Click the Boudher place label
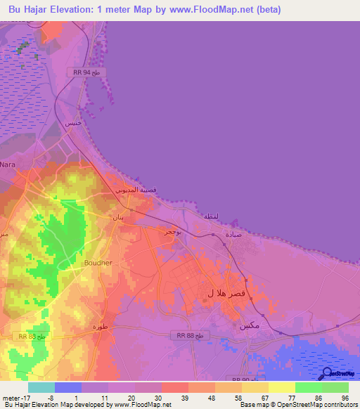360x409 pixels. [98, 263]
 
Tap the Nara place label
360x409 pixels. [8, 164]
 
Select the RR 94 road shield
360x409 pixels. [87, 72]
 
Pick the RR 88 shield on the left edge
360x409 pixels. [32, 337]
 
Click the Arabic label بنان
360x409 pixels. [118, 217]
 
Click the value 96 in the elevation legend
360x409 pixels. [345, 398]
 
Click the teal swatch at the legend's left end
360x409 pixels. [41, 387]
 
